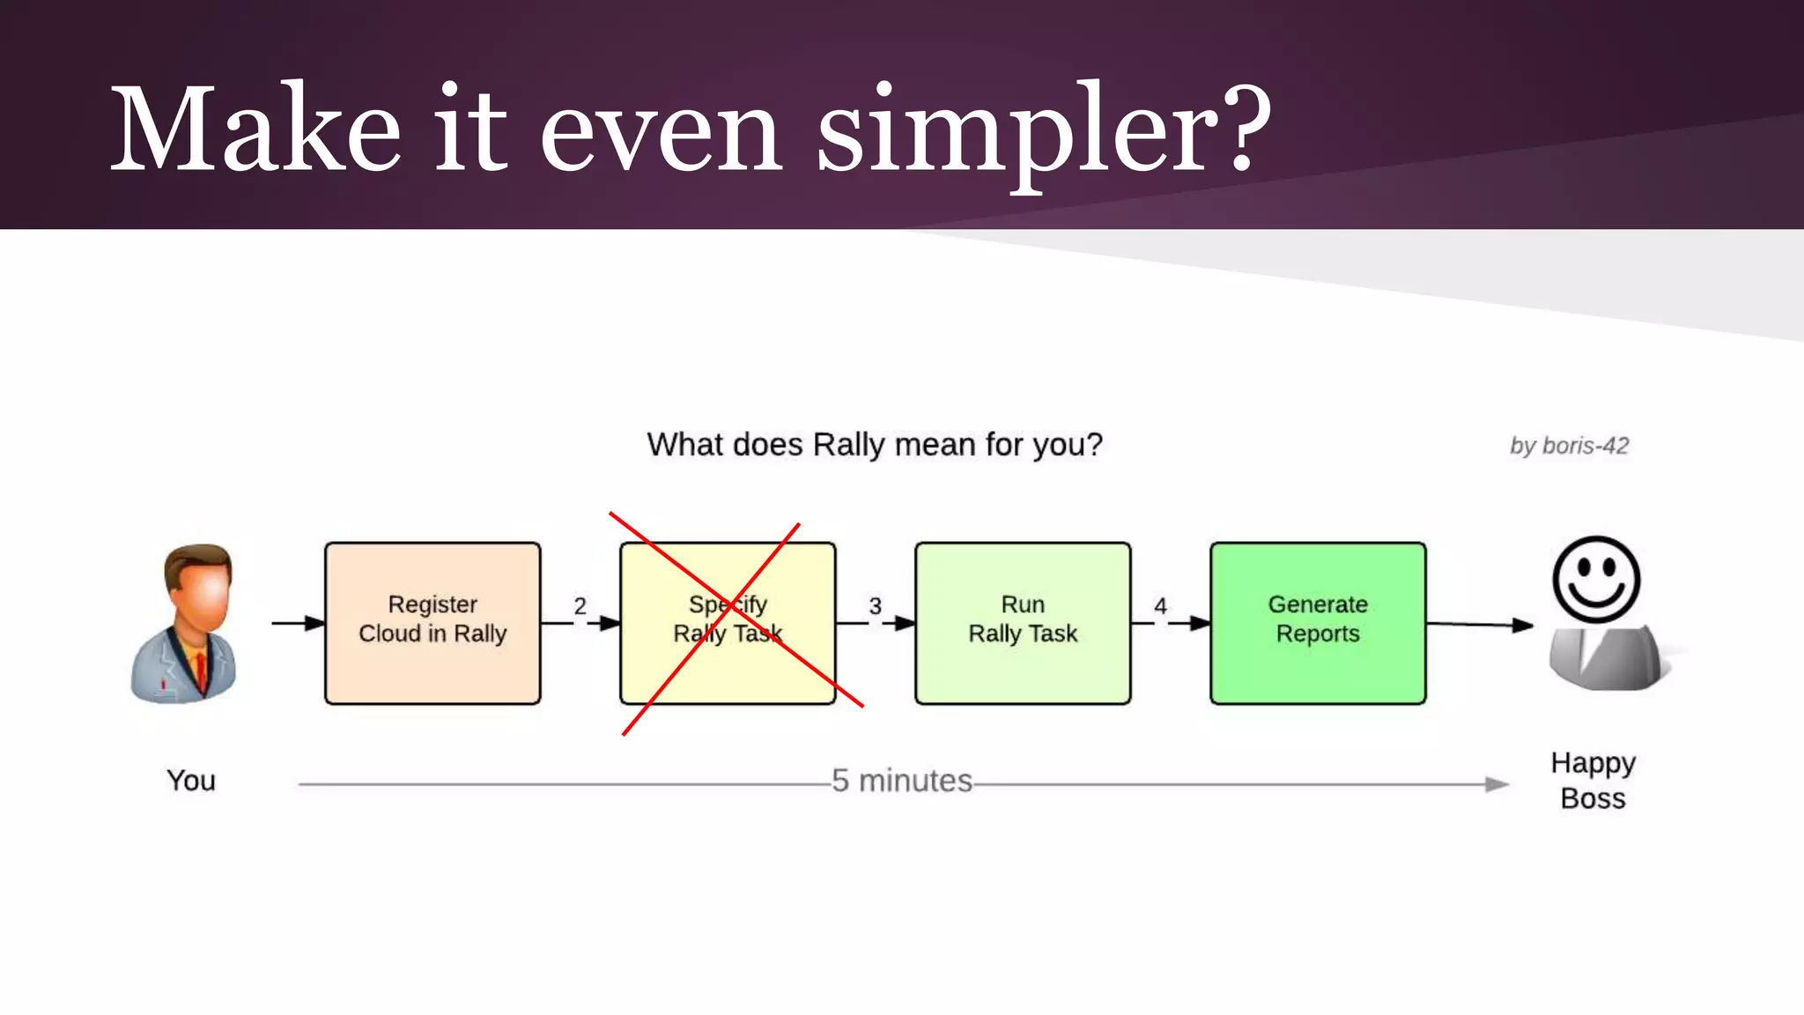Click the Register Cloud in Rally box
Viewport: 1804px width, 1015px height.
pyautogui.click(x=433, y=623)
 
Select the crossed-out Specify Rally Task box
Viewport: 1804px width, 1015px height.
pyautogui.click(x=728, y=623)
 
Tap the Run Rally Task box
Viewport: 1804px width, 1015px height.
pyautogui.click(x=1023, y=623)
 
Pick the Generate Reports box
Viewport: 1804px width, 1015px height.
pyautogui.click(x=1318, y=623)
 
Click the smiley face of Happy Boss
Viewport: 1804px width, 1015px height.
pyautogui.click(x=1595, y=580)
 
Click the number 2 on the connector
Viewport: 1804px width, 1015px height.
pyautogui.click(x=580, y=606)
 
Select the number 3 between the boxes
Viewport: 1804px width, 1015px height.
pyautogui.click(x=875, y=606)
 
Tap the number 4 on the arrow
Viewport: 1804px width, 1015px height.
pyautogui.click(x=1160, y=606)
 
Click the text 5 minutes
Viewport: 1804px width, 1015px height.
pyautogui.click(x=902, y=781)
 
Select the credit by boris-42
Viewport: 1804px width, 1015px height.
pyautogui.click(x=1569, y=446)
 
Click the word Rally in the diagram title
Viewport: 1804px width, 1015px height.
pyautogui.click(x=847, y=445)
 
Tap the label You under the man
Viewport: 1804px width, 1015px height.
pyautogui.click(x=190, y=781)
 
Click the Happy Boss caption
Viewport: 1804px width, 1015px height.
pyautogui.click(x=1593, y=781)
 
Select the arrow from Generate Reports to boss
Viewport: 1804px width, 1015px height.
pyautogui.click(x=1480, y=625)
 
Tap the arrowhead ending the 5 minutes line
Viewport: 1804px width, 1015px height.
pyautogui.click(x=1497, y=784)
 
